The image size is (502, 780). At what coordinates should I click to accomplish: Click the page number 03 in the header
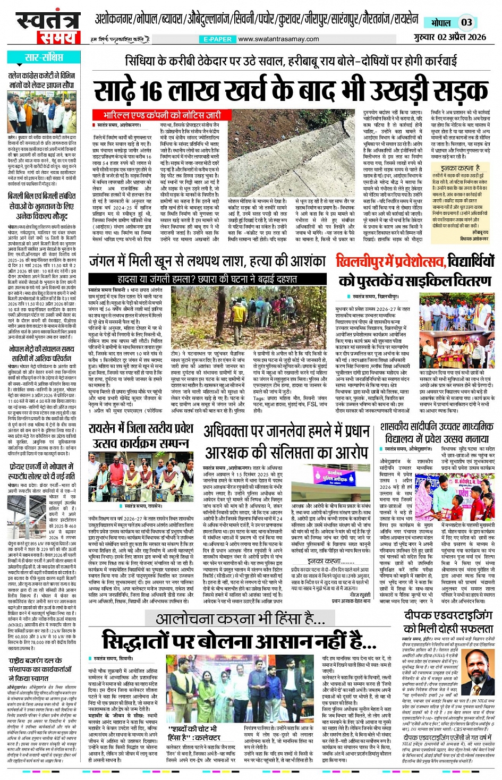(466, 22)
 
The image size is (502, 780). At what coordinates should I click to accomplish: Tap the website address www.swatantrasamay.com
(278, 39)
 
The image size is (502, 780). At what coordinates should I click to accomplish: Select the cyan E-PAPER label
(218, 39)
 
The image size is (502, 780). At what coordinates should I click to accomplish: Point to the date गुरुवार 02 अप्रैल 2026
(450, 37)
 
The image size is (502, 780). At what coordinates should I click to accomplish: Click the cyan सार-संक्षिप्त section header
(44, 57)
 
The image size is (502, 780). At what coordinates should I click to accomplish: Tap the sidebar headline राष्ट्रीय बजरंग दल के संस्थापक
(40, 669)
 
